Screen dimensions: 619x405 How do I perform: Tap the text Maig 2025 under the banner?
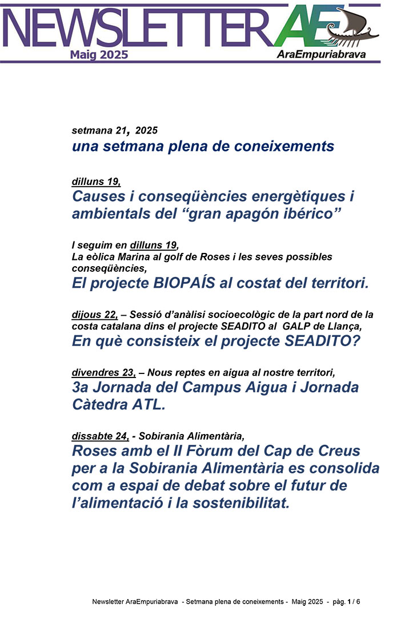[x=99, y=55]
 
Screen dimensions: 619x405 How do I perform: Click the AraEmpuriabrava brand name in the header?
[x=320, y=55]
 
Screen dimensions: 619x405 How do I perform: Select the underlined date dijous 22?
[x=94, y=315]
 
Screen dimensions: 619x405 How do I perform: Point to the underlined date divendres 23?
[x=103, y=373]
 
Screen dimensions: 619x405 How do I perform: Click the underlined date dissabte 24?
[x=100, y=437]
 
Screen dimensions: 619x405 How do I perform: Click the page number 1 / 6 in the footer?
[x=354, y=602]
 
